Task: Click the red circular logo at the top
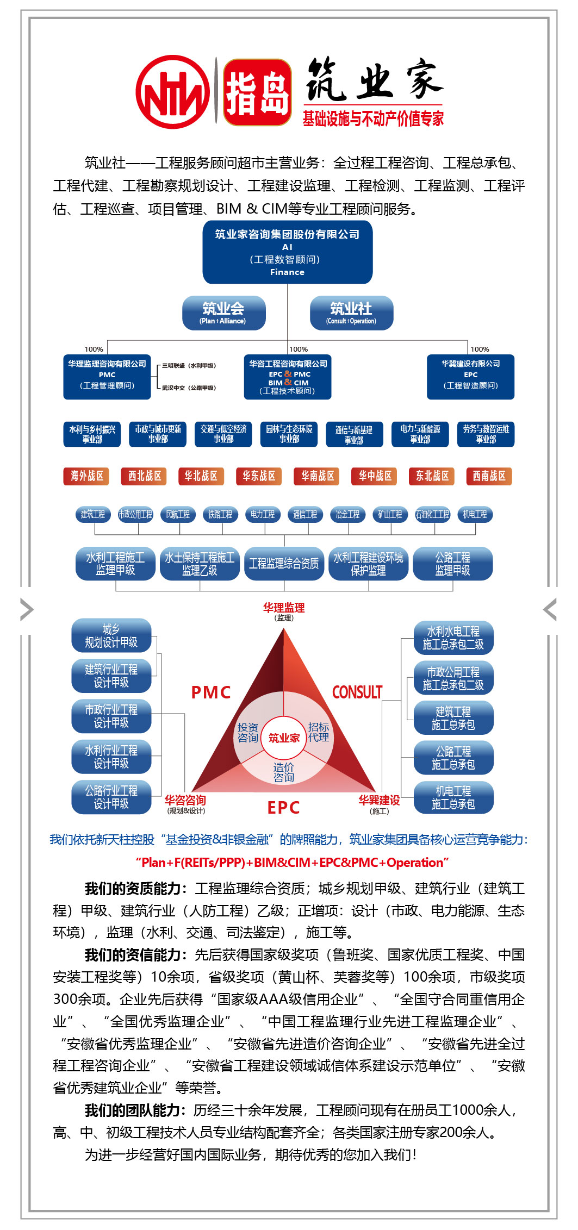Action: click(x=173, y=92)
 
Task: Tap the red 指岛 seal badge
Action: click(x=257, y=92)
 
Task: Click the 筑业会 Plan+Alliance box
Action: click(x=223, y=313)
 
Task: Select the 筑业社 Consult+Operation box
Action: click(x=351, y=313)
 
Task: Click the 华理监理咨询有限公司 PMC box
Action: click(x=107, y=376)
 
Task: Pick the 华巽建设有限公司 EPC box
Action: click(x=470, y=376)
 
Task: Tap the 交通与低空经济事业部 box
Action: click(x=223, y=434)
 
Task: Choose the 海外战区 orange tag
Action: click(x=86, y=476)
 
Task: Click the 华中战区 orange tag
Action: click(x=375, y=476)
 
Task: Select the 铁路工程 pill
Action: click(x=220, y=514)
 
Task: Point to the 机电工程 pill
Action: click(x=475, y=514)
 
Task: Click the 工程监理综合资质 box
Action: click(x=284, y=564)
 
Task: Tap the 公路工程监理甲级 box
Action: click(x=452, y=564)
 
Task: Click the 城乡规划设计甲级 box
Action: click(x=111, y=635)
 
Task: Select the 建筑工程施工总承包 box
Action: click(x=453, y=718)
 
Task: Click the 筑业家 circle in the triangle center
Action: click(x=284, y=738)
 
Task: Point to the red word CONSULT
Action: click(x=357, y=692)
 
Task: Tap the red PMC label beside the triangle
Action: click(x=211, y=692)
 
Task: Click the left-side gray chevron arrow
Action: click(x=26, y=609)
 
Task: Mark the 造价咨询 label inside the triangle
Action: click(x=284, y=772)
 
